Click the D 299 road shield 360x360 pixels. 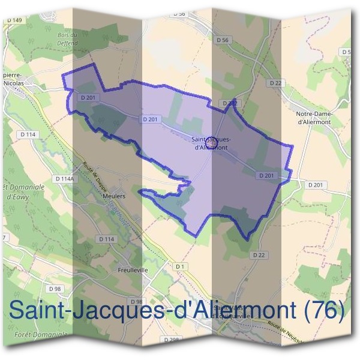point(171,340)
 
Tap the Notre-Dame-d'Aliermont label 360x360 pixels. point(314,118)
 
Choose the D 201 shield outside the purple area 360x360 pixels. point(316,185)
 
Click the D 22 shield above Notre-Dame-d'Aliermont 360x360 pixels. point(275,82)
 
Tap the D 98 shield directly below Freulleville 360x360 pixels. point(135,301)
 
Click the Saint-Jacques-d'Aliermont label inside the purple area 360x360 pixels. point(211,143)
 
